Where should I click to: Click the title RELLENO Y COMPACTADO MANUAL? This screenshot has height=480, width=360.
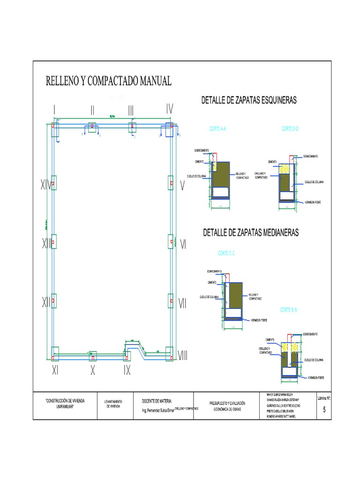(x=109, y=81)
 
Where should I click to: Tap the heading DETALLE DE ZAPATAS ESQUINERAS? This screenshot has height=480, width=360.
(x=249, y=100)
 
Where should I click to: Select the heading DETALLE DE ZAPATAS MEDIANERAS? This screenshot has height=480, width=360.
(x=250, y=232)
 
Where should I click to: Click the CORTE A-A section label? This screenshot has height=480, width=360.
(x=217, y=128)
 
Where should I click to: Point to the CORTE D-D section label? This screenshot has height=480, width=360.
(x=291, y=128)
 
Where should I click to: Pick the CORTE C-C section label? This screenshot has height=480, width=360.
(x=226, y=253)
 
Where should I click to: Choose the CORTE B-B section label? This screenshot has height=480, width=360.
(x=289, y=310)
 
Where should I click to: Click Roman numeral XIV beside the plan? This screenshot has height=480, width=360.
(x=45, y=186)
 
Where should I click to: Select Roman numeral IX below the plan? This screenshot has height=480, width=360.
(x=127, y=370)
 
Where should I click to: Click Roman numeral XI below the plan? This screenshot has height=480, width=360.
(x=55, y=370)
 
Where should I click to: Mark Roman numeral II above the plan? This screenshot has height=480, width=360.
(x=93, y=110)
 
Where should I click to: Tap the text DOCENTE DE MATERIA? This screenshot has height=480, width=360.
(x=157, y=401)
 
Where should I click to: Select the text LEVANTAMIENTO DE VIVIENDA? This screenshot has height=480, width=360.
(x=113, y=404)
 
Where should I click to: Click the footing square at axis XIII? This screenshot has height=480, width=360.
(x=53, y=242)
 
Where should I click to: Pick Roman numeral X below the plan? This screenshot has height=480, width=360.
(x=93, y=370)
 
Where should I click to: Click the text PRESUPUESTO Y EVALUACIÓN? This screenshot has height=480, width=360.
(x=227, y=403)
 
